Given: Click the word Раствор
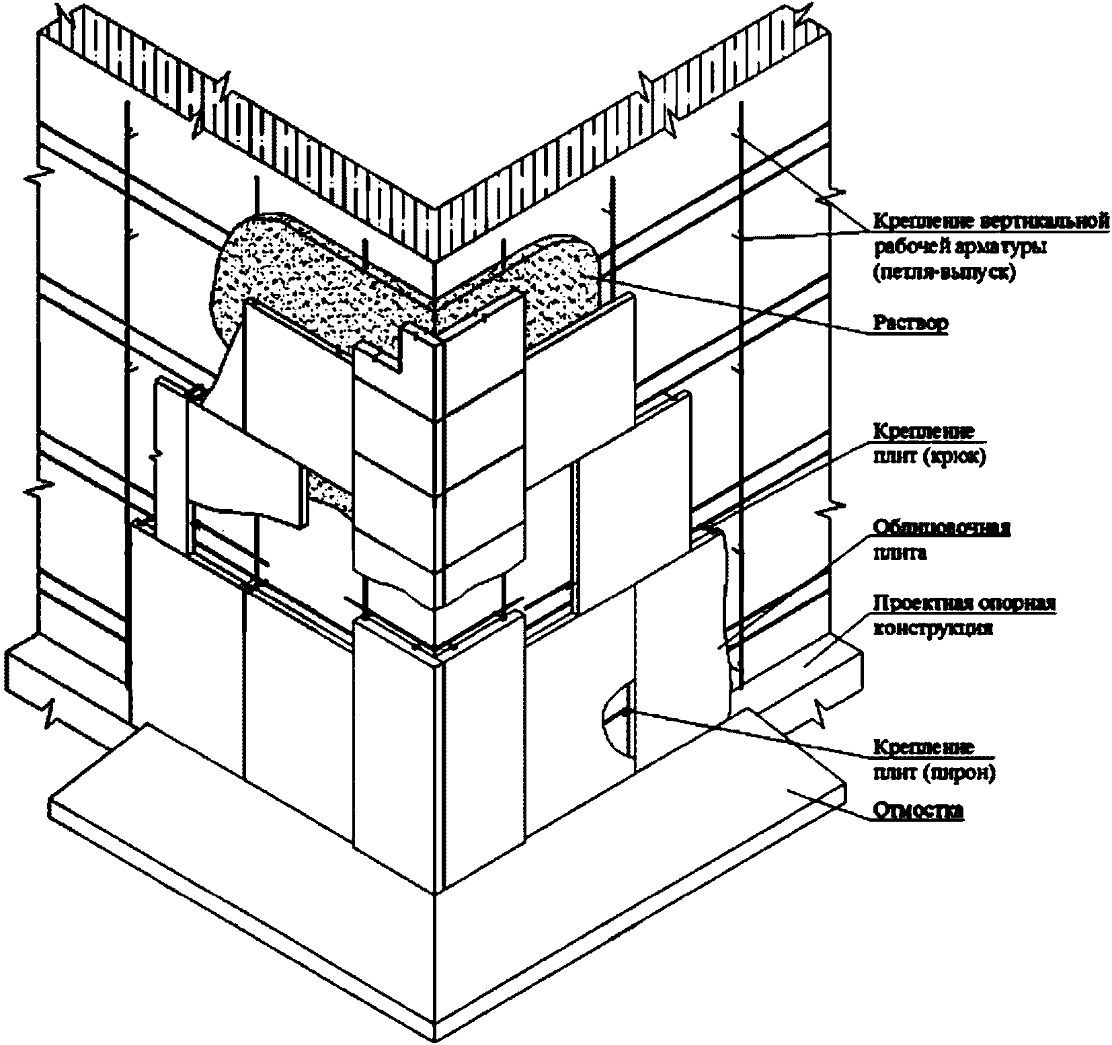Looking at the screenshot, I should pos(910,323).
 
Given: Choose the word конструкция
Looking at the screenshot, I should pos(932,629).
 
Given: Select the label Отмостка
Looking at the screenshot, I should pos(918,812).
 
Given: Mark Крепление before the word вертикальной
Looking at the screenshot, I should pos(924,221).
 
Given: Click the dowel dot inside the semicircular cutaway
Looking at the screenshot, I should pos(625,711).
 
